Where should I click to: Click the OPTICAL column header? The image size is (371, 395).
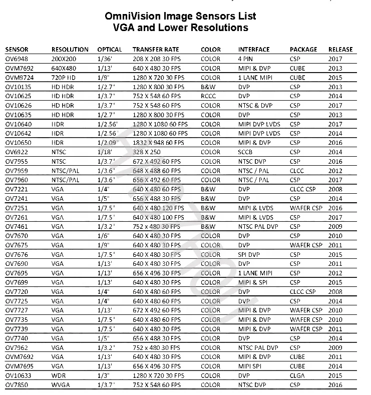[109, 50]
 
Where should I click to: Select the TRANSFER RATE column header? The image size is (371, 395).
[156, 50]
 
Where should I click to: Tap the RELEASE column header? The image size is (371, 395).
[340, 50]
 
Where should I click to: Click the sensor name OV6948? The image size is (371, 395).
[17, 59]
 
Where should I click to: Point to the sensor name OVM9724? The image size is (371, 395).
[20, 78]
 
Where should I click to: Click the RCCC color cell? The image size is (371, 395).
[209, 96]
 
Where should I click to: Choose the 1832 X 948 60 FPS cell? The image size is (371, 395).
[160, 143]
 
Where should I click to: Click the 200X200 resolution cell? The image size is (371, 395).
[64, 59]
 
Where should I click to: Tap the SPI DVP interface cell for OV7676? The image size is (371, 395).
[250, 254]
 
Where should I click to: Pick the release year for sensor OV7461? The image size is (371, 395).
[335, 226]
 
